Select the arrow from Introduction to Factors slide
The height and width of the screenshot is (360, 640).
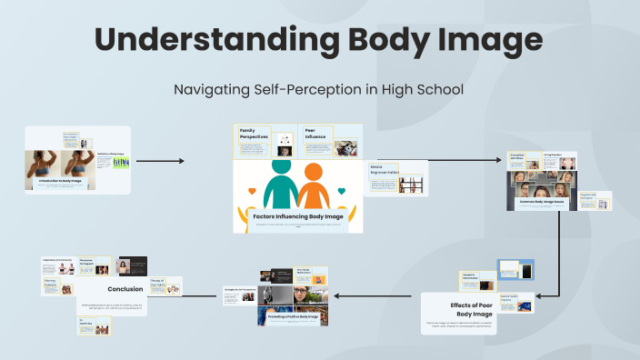[x=160, y=161]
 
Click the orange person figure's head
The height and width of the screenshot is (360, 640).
[x=314, y=170]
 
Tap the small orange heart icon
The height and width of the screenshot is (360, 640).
[x=341, y=192]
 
